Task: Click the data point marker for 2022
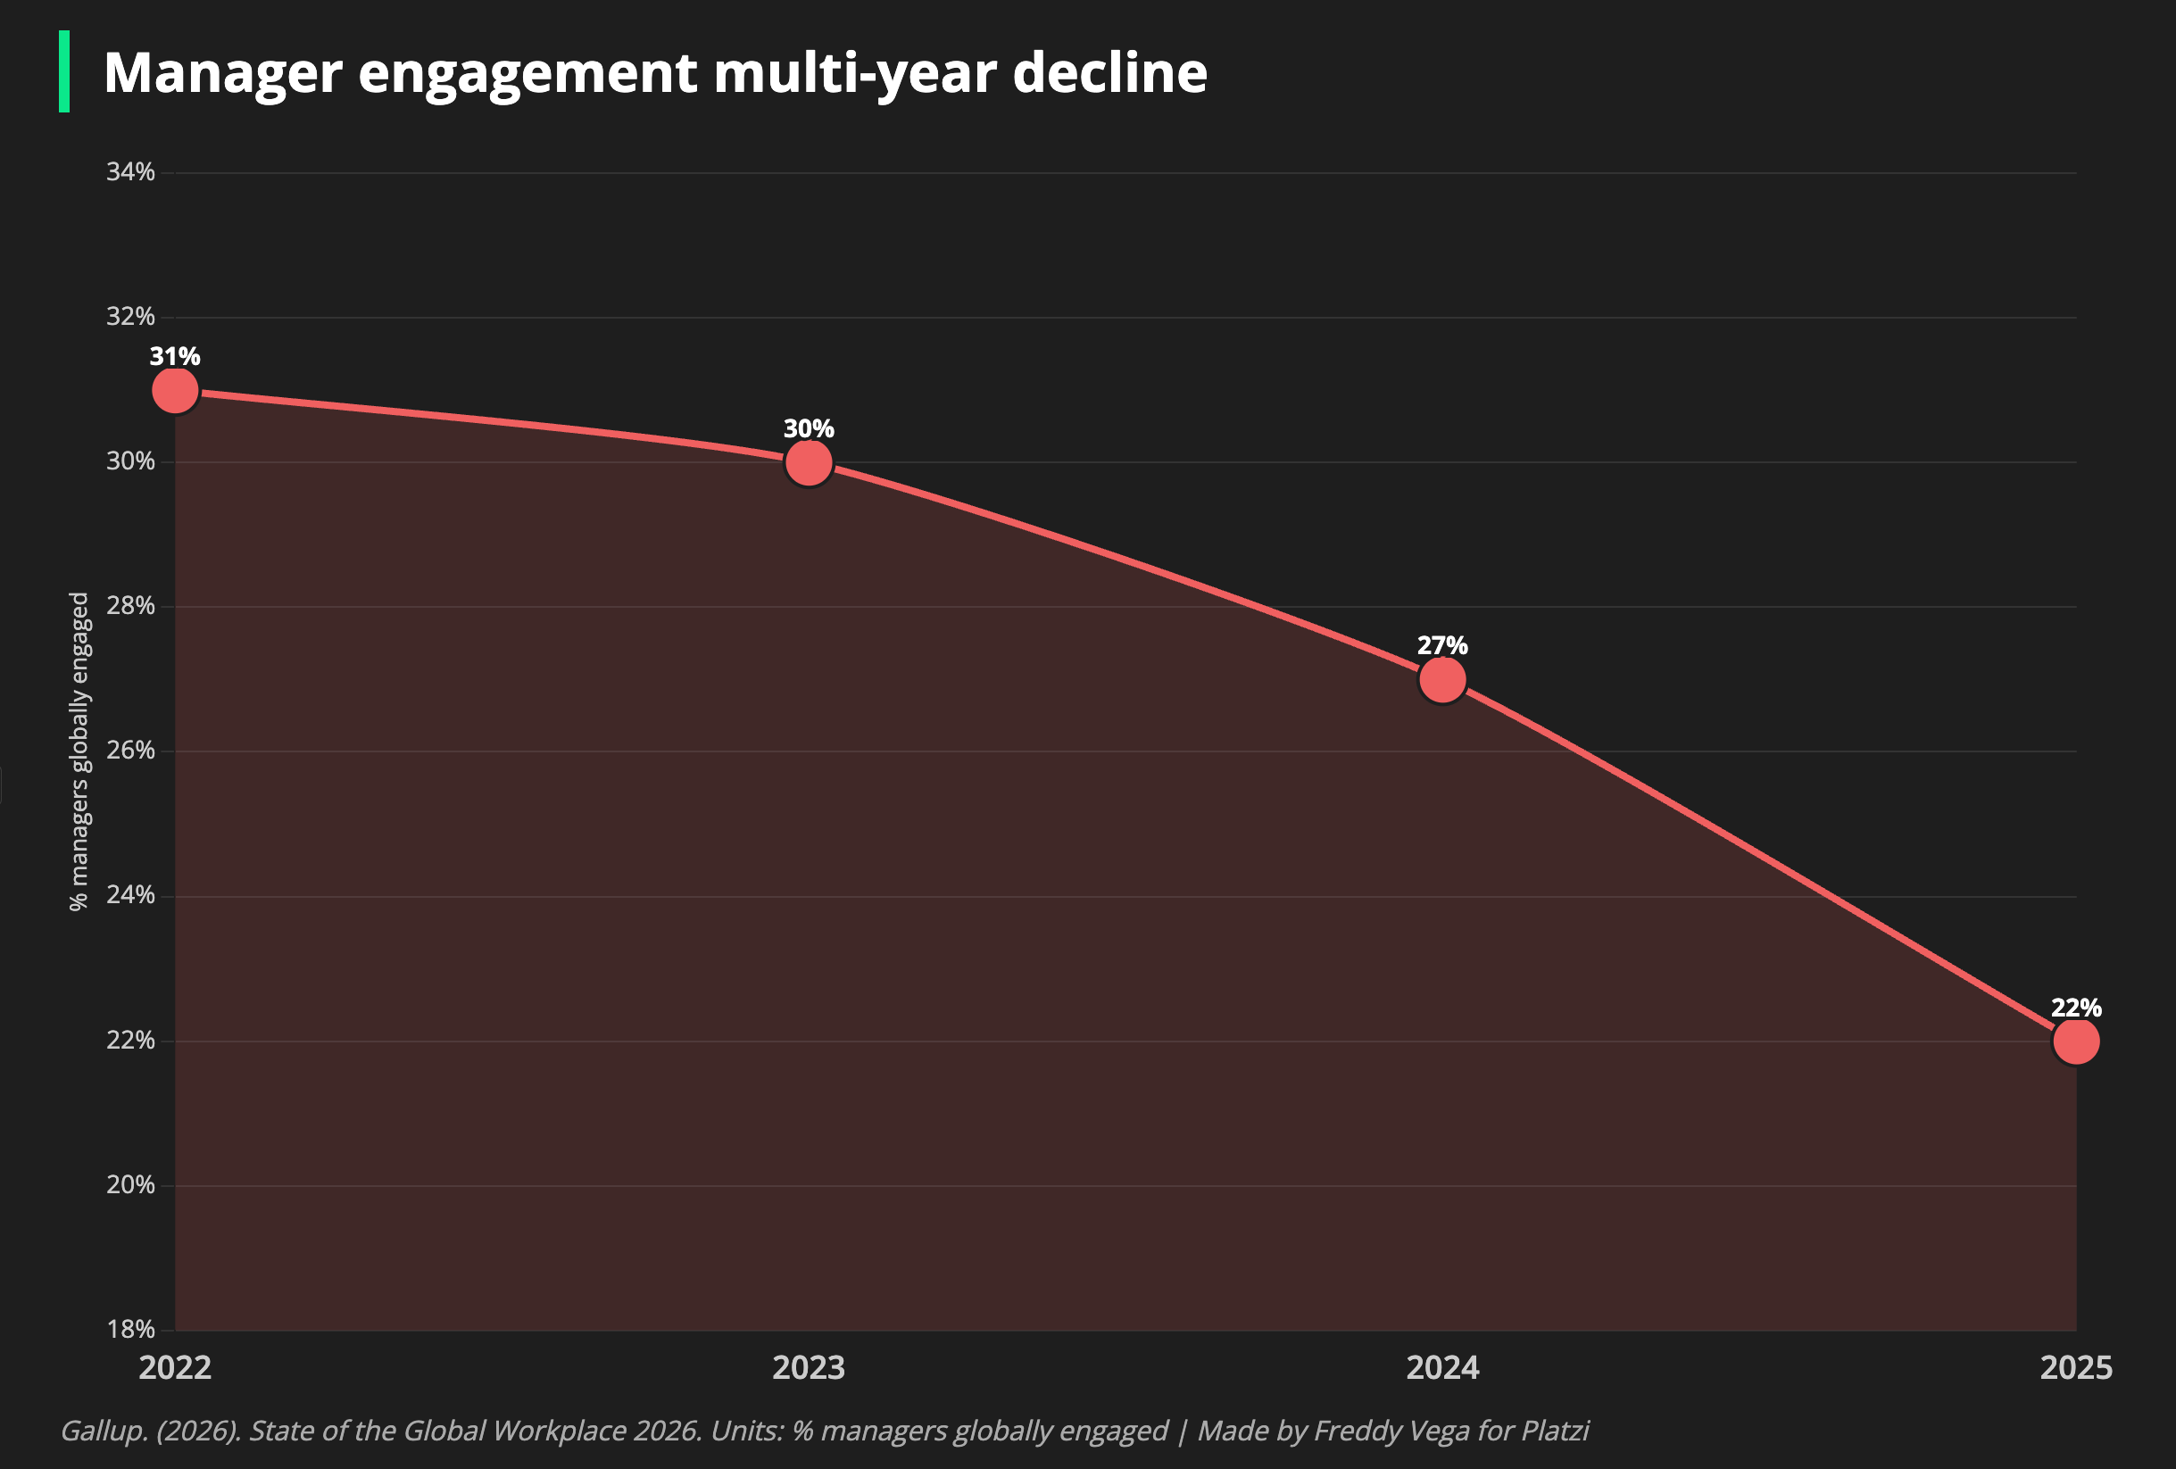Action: [175, 390]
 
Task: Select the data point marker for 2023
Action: [809, 462]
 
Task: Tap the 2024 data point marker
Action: [1443, 680]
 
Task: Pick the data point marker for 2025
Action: [2076, 1042]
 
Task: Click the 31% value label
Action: [175, 357]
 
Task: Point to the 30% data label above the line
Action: [809, 428]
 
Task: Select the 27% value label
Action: [1443, 646]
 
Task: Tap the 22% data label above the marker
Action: [2076, 1008]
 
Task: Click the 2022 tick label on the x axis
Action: [175, 1368]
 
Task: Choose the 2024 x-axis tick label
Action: [1443, 1368]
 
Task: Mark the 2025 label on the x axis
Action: [2076, 1368]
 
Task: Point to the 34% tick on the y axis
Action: [130, 172]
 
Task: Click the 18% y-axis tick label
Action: [130, 1330]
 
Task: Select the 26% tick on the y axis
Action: [130, 751]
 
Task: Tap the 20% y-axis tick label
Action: [130, 1185]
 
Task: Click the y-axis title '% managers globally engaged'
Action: [79, 751]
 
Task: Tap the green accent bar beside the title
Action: [64, 72]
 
